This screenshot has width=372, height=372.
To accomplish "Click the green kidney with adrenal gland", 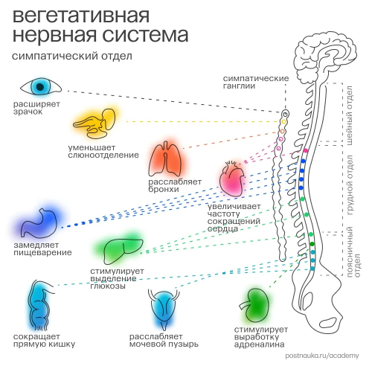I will (x=256, y=305).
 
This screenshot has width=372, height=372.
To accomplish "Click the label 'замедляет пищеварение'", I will (x=42, y=248).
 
